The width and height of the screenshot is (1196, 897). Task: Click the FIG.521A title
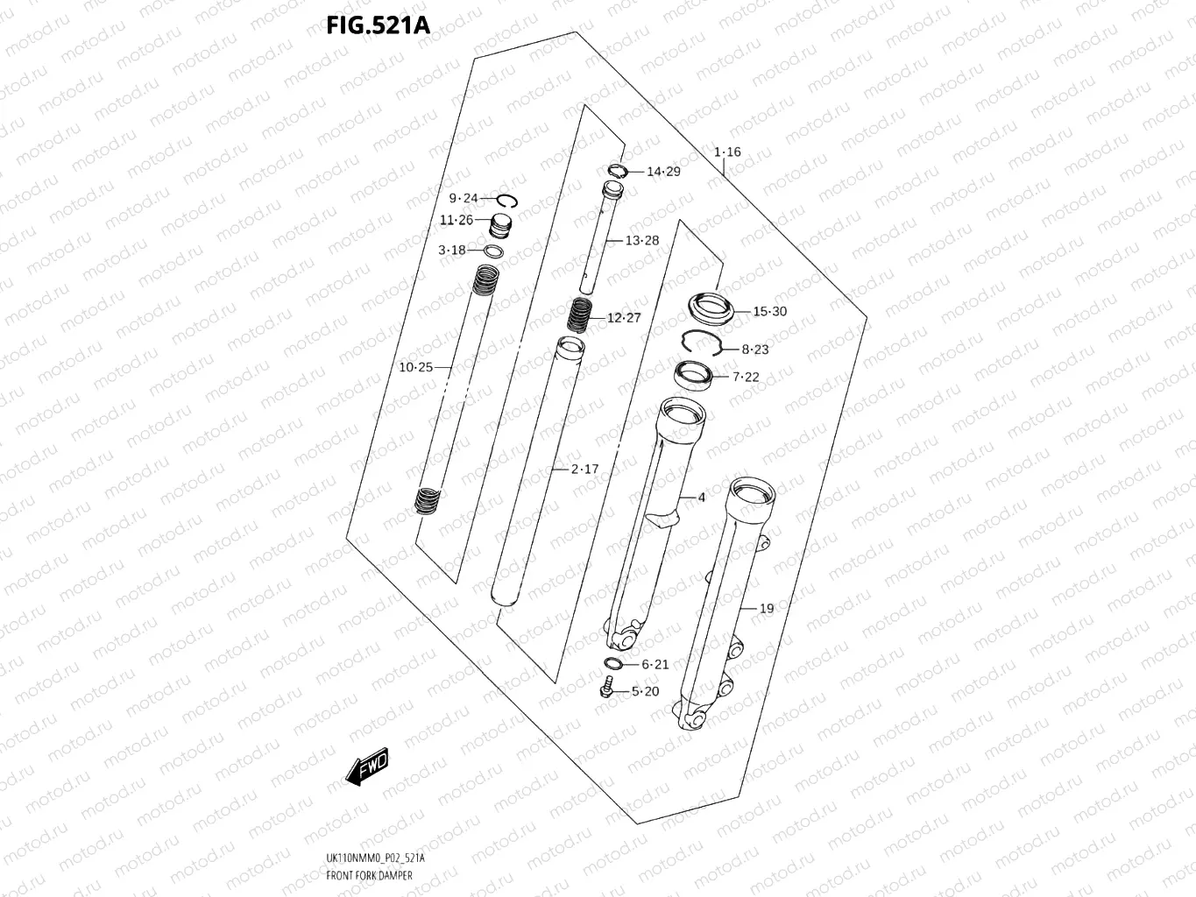click(378, 25)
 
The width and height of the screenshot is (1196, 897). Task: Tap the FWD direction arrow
click(366, 766)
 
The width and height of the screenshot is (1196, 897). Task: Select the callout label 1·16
click(726, 152)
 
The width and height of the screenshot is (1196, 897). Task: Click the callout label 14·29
click(663, 172)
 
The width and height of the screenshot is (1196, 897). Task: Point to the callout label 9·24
click(464, 198)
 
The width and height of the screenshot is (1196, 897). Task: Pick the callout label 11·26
click(456, 220)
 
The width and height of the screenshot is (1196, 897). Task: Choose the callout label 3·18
click(452, 251)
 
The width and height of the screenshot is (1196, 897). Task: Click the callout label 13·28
click(641, 240)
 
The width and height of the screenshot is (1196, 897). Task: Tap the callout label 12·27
click(624, 318)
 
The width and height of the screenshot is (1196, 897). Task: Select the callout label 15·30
click(769, 312)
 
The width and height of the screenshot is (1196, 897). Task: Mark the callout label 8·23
click(754, 350)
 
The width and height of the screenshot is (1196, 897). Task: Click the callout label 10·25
click(415, 367)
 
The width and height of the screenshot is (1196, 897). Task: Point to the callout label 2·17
click(584, 470)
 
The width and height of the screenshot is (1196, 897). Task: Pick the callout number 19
click(767, 608)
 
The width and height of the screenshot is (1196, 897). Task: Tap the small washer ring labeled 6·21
click(614, 664)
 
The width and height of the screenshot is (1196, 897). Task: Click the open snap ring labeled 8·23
click(703, 344)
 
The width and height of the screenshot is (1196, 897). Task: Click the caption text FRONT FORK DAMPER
click(369, 875)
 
